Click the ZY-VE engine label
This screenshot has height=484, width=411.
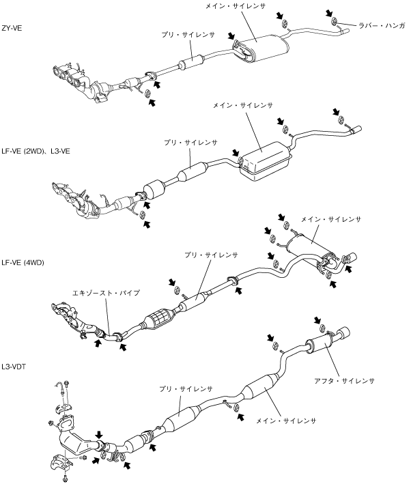14,29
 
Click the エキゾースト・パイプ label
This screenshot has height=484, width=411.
106,293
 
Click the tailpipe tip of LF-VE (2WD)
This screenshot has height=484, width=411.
356,128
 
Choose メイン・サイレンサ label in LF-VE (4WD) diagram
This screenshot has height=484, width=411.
331,220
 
